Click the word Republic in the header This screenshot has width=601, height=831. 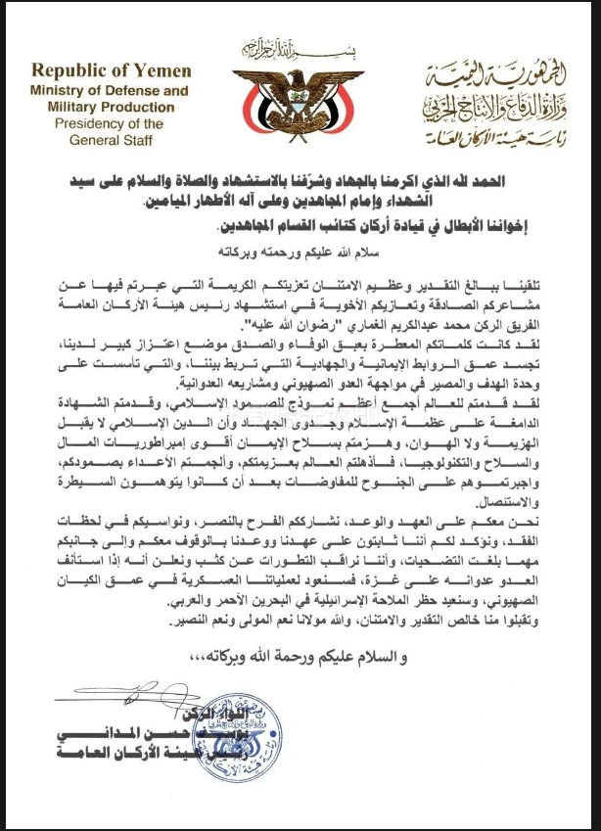[x=70, y=72]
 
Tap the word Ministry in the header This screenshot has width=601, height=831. [x=56, y=91]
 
